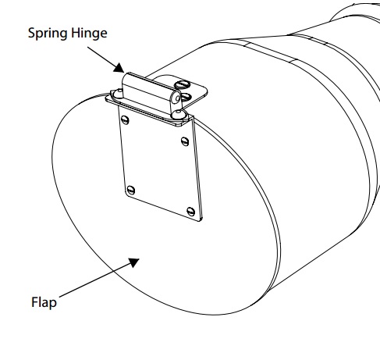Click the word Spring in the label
[x=48, y=34]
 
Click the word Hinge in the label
[x=89, y=33]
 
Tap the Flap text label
[x=44, y=303]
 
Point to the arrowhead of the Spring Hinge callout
[x=119, y=67]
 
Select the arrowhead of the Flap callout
[x=134, y=262]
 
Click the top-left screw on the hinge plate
[x=125, y=120]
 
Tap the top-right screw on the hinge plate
[x=185, y=141]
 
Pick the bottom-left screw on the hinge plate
[x=131, y=190]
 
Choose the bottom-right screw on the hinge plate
[x=190, y=212]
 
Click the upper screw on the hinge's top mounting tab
[x=181, y=84]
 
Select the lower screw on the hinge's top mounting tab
[x=186, y=98]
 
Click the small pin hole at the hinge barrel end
[x=178, y=98]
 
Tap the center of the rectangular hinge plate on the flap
[x=160, y=166]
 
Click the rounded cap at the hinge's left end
[x=118, y=94]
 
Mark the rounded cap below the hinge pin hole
[x=179, y=114]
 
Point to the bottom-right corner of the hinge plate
[x=201, y=221]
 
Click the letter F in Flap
[x=34, y=302]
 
